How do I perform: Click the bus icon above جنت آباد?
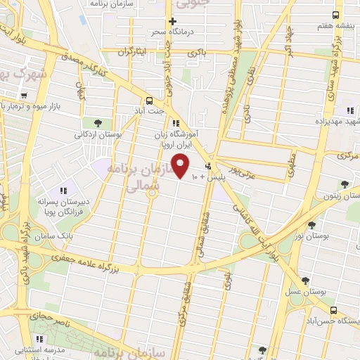[149, 101]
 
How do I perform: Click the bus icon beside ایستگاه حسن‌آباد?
[333, 310]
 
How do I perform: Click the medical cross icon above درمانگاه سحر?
[172, 21]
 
